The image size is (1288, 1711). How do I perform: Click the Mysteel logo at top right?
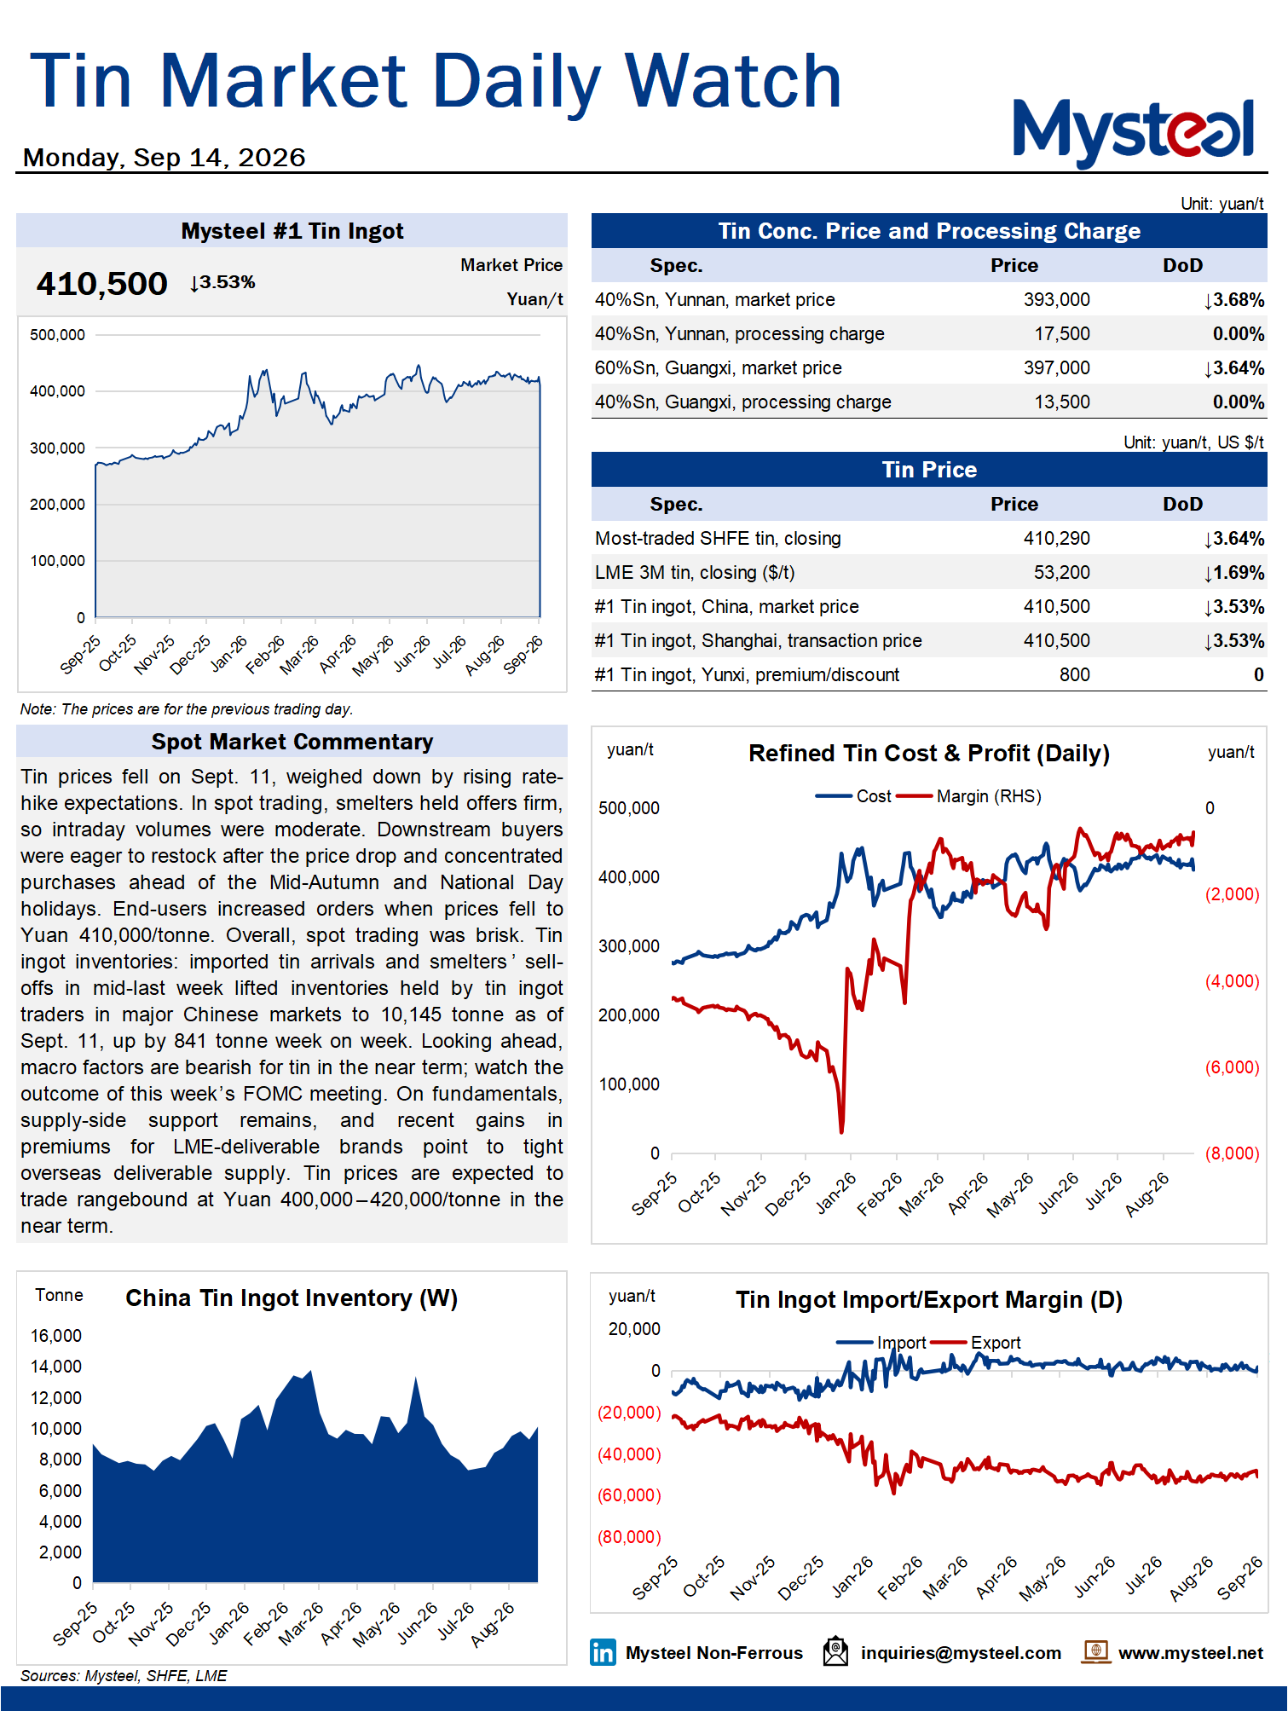click(x=1133, y=132)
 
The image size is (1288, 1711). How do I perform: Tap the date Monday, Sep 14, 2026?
click(x=164, y=158)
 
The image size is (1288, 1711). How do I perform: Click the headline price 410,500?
click(x=101, y=284)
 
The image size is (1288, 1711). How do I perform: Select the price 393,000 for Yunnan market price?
click(x=1056, y=300)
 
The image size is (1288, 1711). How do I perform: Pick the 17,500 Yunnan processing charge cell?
click(x=1061, y=334)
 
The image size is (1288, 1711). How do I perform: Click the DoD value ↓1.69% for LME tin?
click(x=1233, y=573)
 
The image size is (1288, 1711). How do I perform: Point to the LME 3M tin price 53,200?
click(x=1061, y=573)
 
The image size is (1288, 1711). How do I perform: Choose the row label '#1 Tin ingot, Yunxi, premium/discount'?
click(x=747, y=675)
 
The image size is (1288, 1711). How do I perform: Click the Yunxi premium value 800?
click(x=1074, y=675)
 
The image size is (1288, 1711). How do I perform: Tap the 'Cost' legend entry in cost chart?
click(x=853, y=796)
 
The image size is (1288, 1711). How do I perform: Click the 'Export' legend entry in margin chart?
click(x=975, y=1343)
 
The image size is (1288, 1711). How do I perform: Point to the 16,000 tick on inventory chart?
click(x=56, y=1336)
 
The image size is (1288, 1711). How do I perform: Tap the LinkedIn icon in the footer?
click(x=603, y=1652)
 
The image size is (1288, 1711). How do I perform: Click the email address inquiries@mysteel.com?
click(x=961, y=1653)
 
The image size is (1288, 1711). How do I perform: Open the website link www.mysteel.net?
click(x=1190, y=1653)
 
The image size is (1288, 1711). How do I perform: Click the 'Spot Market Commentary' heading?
click(x=292, y=742)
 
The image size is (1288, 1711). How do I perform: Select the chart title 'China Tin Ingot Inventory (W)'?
click(x=292, y=1298)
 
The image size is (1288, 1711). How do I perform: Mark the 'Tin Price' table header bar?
click(x=929, y=470)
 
